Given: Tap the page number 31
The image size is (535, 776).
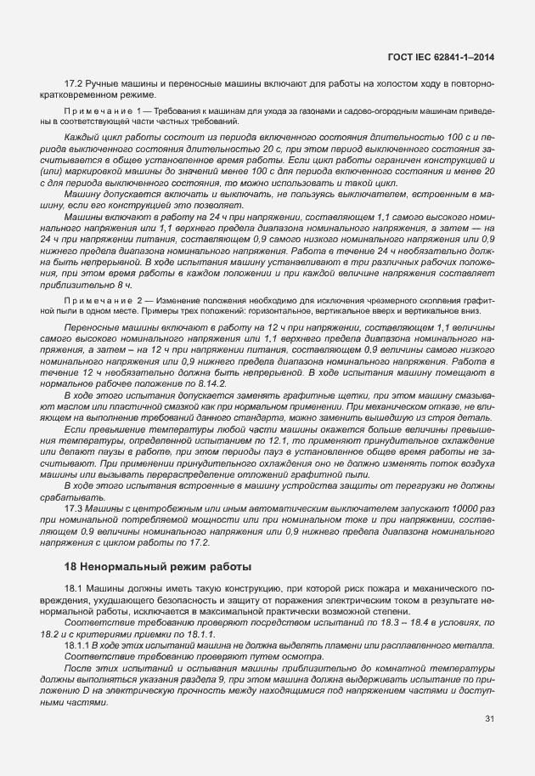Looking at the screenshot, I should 488,718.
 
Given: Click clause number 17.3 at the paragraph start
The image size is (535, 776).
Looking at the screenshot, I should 73,508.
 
